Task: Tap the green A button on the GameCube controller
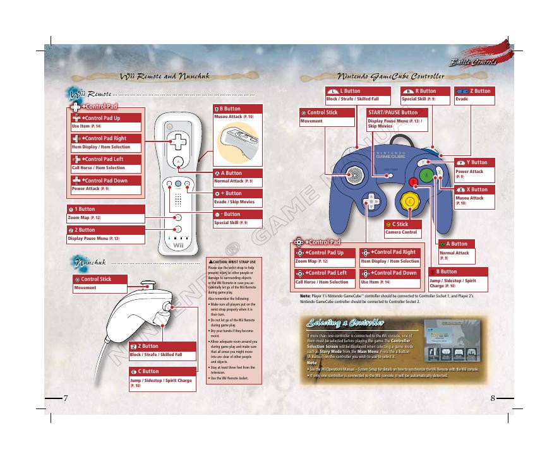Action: tap(426, 174)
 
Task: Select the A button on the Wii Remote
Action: tap(179, 161)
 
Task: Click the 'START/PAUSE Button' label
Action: tap(392, 112)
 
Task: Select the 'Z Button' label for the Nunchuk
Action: tap(149, 347)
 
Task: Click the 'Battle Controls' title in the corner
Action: tap(473, 62)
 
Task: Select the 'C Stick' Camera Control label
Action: tap(401, 224)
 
